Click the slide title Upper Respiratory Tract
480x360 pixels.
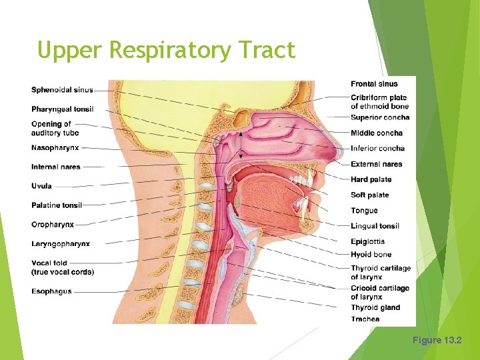coord(166,50)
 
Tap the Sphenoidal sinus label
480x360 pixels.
coord(62,90)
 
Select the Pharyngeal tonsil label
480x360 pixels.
coord(62,109)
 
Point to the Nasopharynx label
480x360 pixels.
coord(55,147)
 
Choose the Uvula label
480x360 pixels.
coord(41,186)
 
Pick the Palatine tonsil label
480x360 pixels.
coord(57,205)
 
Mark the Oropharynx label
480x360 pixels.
coord(53,225)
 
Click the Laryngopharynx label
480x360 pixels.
coord(60,244)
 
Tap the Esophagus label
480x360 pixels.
coord(51,291)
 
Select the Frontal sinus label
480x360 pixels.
coord(374,84)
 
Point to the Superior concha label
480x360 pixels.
coord(380,118)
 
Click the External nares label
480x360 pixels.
coord(377,164)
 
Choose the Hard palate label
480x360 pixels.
coord(371,179)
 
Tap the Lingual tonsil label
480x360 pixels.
coord(375,226)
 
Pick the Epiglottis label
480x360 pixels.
coord(367,241)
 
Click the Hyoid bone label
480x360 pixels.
coord(371,254)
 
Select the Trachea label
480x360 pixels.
coord(365,319)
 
